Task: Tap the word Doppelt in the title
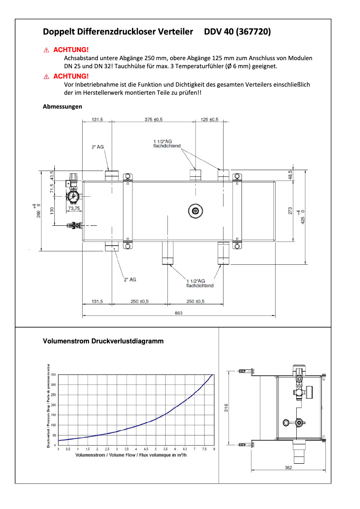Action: point(57,32)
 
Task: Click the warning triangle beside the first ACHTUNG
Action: point(46,50)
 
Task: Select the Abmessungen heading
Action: point(62,107)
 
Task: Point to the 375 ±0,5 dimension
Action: point(154,119)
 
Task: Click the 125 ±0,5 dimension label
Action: point(209,119)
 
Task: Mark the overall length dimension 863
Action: point(179,313)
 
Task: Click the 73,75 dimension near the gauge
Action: point(74,208)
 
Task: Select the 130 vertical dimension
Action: point(52,210)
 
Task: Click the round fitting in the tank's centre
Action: point(195,211)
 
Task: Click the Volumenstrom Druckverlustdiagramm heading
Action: point(103,341)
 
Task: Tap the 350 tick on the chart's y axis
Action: point(53,374)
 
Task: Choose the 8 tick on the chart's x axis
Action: point(214,449)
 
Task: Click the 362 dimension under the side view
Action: point(288,468)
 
